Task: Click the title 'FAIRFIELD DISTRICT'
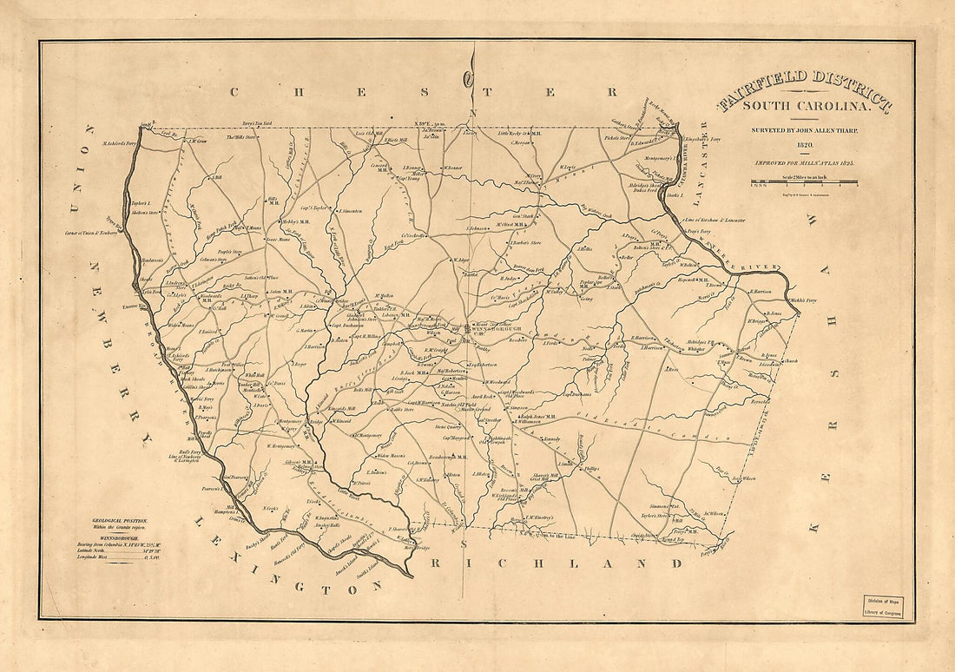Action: coord(804,92)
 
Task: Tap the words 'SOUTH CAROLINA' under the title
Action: coord(804,107)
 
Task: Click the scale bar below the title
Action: coord(804,182)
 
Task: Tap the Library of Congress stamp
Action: coord(882,605)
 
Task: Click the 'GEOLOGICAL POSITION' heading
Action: coord(120,520)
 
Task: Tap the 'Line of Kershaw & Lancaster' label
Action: coord(716,220)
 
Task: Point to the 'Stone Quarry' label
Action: coord(448,427)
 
